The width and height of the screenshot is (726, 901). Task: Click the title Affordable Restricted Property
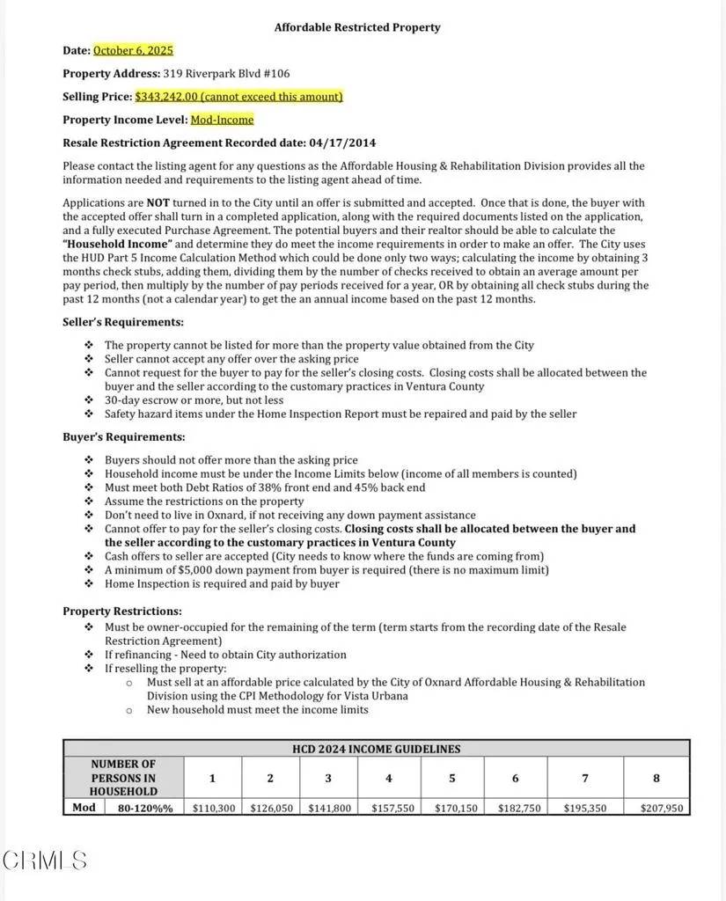pos(357,27)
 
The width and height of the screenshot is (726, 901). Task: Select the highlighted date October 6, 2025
pos(133,51)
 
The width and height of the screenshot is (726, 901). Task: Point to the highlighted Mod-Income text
pos(222,120)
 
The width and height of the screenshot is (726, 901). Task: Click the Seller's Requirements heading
pos(123,323)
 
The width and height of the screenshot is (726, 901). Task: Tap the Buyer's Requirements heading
pos(123,436)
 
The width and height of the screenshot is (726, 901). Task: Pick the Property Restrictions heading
pos(122,611)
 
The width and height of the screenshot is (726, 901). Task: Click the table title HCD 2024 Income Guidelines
pos(376,749)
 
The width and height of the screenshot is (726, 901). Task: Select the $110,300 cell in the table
pos(214,808)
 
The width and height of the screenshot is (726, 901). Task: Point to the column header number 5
pos(452,778)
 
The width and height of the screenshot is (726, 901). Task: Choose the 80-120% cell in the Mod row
pos(145,808)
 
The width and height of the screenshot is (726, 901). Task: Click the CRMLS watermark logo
pos(45,860)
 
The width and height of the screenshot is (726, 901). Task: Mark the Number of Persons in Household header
pos(123,778)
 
